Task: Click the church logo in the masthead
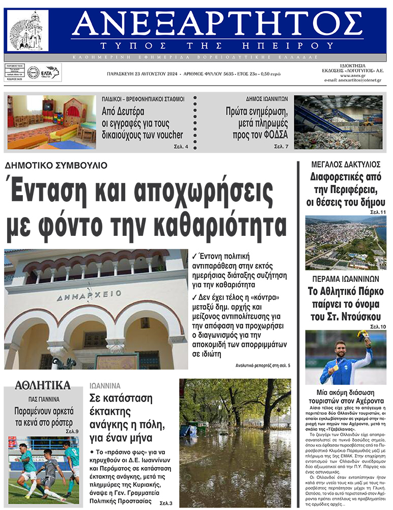(29, 30)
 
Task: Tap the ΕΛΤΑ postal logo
(50, 72)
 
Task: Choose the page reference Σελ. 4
(180, 147)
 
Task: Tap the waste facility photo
(339, 122)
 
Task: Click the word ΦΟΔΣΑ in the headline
(274, 135)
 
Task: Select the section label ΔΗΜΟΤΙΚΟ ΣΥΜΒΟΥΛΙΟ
(56, 166)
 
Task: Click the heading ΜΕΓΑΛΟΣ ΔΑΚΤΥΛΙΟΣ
(346, 165)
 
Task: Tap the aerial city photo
(345, 243)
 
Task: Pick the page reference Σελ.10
(378, 326)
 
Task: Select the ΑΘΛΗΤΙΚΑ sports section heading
(43, 385)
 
